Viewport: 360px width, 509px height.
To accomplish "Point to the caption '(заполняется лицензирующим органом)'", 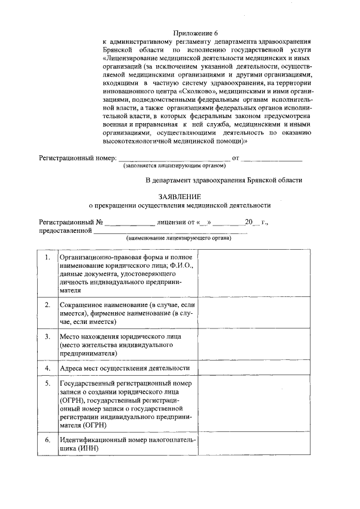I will [x=174, y=166].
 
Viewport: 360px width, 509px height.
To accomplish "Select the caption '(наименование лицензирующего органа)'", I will [x=178, y=238].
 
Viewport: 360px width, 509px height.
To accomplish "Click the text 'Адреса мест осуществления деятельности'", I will [x=125, y=368].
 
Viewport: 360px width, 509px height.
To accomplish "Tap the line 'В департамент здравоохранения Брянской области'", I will [x=224, y=181].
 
